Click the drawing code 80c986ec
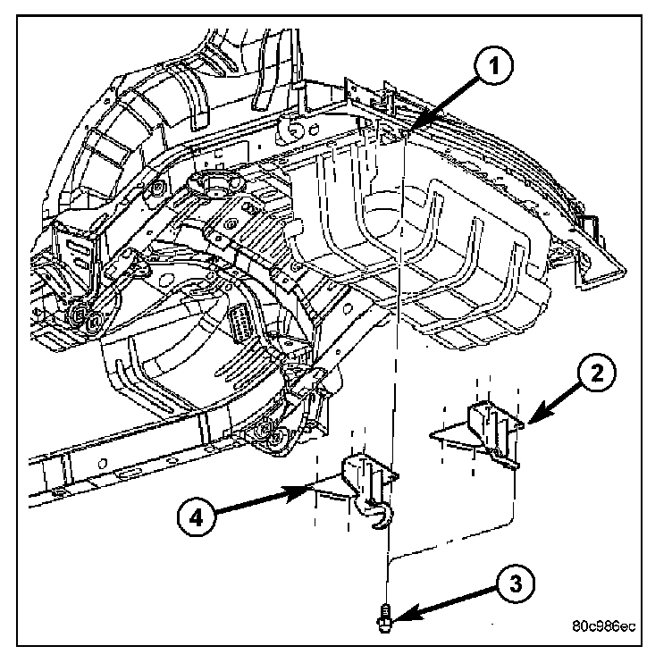(x=603, y=625)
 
